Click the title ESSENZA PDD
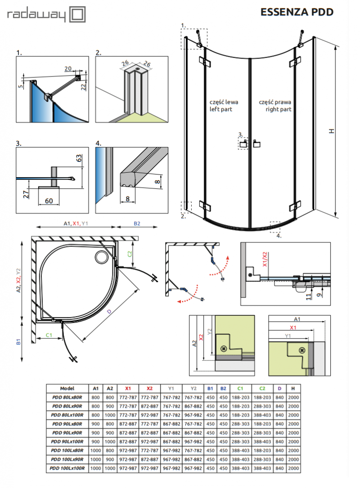(x=297, y=12)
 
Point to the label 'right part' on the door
(x=278, y=109)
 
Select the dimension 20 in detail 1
(x=68, y=68)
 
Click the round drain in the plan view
(x=101, y=257)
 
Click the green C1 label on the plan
(x=49, y=335)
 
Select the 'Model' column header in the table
(x=67, y=388)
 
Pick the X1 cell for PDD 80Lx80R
(x=128, y=397)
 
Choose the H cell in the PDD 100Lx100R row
(x=293, y=469)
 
